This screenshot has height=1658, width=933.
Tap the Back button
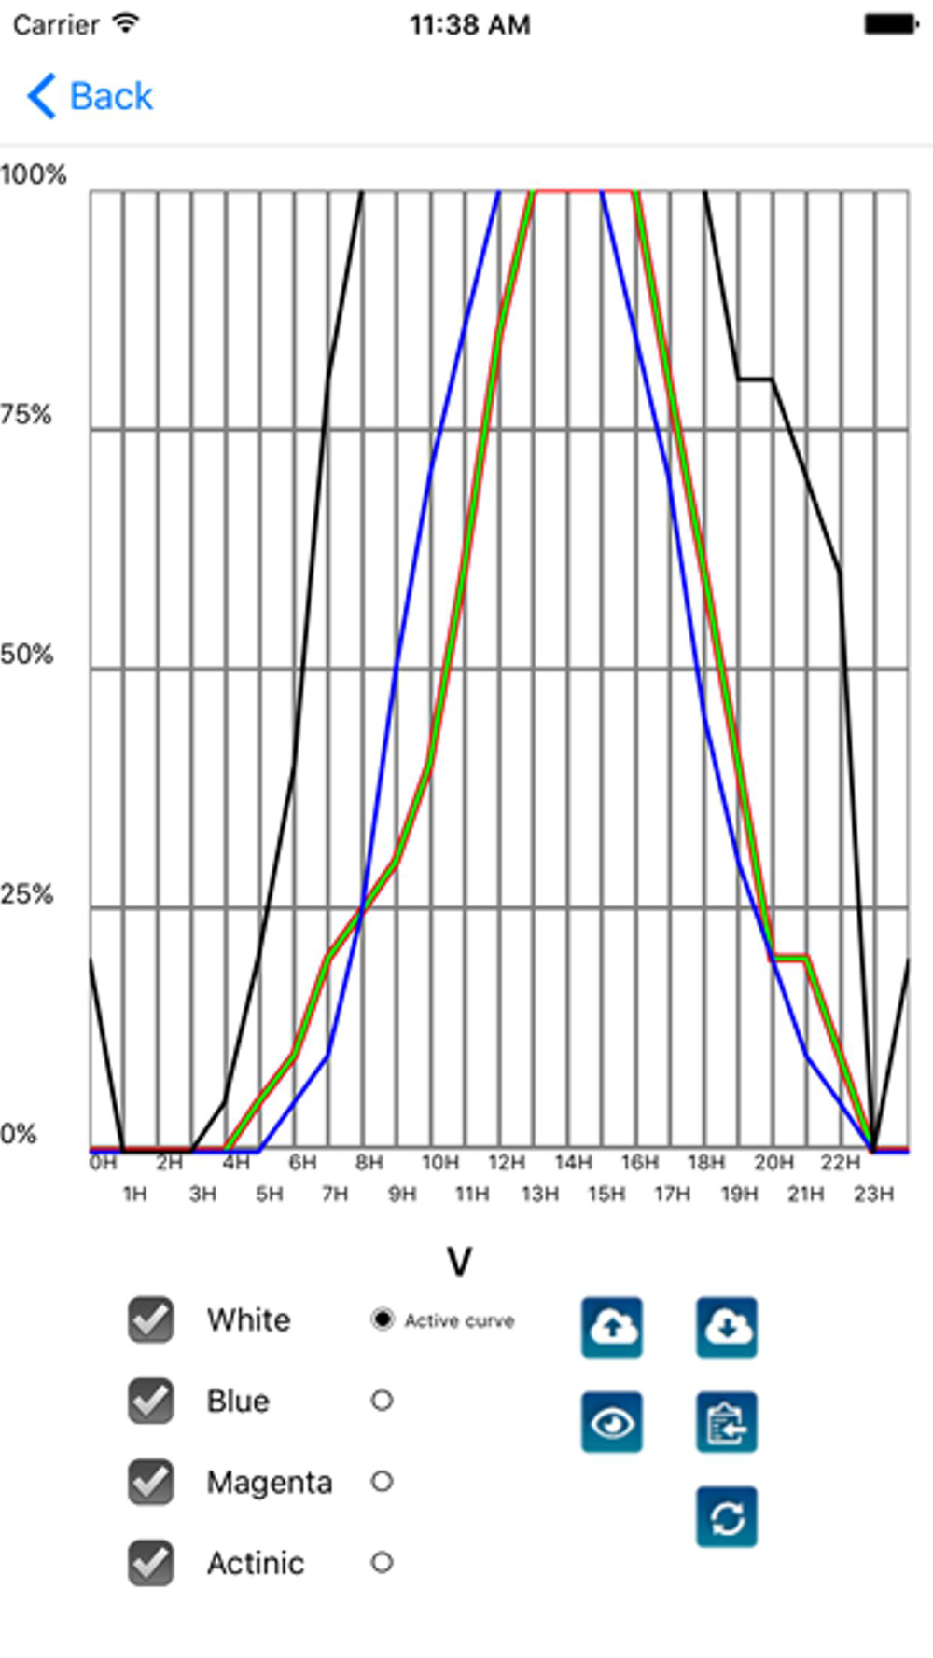click(91, 96)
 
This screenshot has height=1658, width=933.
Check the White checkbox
click(150, 1319)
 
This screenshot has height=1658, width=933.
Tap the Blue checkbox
click(150, 1401)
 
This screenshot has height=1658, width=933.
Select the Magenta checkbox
click(150, 1482)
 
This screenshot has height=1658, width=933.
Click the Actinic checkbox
click(150, 1563)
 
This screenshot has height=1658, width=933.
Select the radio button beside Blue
click(382, 1400)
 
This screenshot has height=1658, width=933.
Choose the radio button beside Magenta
click(382, 1481)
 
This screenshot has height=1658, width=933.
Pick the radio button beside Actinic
click(382, 1562)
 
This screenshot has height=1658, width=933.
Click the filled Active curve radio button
click(382, 1319)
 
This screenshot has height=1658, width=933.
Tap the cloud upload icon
click(612, 1327)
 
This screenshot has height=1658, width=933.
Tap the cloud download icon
click(727, 1327)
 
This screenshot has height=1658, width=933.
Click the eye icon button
click(612, 1422)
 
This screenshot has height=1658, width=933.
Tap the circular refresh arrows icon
click(727, 1517)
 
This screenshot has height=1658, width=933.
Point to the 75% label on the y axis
click(26, 414)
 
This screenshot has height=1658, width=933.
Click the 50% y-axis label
click(26, 654)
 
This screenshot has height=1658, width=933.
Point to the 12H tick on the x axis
click(506, 1163)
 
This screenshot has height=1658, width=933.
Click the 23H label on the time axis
click(873, 1194)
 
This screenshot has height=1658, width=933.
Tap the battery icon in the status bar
click(891, 24)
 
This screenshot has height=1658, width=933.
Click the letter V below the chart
click(459, 1262)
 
